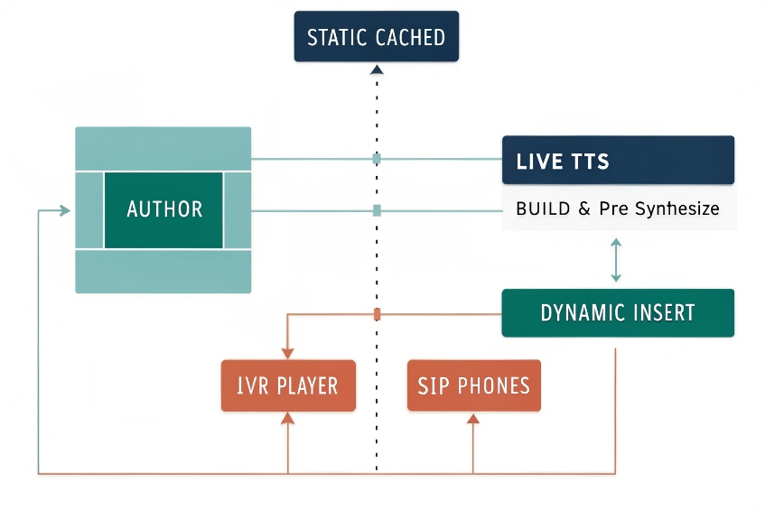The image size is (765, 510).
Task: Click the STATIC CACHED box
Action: point(376,37)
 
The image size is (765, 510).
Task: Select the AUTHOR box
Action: point(163,209)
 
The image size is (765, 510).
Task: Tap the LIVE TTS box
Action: point(618,161)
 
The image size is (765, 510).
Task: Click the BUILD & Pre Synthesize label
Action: point(618,209)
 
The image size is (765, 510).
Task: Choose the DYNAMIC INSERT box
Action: point(618,313)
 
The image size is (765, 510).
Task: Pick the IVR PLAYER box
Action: point(287,386)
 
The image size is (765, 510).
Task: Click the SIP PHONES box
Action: point(473,386)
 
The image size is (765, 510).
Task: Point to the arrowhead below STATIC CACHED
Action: point(377,70)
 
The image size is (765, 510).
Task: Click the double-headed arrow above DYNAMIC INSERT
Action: point(616,260)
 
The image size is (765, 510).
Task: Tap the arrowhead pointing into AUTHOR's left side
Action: point(64,210)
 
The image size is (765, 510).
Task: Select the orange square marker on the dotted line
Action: point(377,314)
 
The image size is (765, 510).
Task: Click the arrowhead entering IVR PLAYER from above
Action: point(287,353)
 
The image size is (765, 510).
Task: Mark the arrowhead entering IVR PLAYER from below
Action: point(287,418)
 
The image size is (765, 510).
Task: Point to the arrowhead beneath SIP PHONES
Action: point(473,418)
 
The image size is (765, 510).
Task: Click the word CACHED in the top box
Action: point(410,37)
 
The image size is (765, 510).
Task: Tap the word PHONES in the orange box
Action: point(493,386)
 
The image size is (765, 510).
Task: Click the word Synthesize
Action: point(676,209)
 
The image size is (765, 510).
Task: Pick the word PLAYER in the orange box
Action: point(307,386)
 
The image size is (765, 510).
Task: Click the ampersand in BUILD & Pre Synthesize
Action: point(583,209)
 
